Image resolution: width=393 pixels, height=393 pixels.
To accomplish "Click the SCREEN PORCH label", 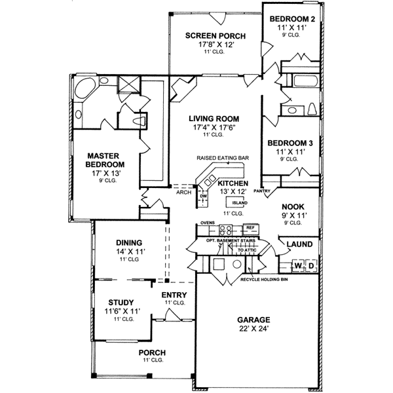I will pos(214,35).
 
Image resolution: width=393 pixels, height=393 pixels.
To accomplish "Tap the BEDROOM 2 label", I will pos(293,20).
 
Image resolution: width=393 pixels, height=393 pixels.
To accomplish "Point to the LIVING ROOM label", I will pos(214,119).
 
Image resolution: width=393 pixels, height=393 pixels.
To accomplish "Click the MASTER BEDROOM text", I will pos(106,160).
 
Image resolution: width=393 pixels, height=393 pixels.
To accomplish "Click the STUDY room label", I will pos(121,303).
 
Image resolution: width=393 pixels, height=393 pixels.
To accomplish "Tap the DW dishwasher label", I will pos(203,196).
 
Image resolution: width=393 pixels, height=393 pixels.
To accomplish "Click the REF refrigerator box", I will pos(250,229).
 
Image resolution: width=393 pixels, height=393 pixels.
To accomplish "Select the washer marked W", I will pos(297,266).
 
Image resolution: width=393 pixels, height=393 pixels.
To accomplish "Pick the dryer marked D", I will pos(310,266).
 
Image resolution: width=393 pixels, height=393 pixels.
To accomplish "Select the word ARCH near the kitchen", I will pos(183,193).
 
